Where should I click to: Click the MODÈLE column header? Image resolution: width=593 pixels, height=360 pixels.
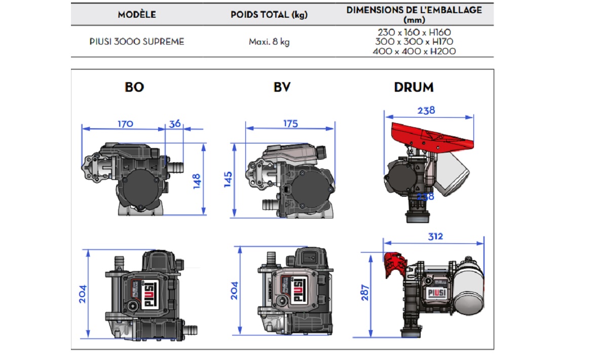137,15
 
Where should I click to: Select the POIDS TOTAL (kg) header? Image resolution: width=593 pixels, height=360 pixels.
269,15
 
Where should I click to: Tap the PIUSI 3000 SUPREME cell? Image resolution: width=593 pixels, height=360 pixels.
137,42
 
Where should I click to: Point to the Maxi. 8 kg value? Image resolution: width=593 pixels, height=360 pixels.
269,42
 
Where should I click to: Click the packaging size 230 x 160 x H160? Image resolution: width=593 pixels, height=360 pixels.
414,32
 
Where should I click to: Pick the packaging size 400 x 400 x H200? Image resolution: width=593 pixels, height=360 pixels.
414,51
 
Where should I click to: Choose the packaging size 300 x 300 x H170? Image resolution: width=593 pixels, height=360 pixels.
414,42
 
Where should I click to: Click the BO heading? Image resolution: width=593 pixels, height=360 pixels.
134,87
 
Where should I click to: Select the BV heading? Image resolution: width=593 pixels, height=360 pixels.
282,87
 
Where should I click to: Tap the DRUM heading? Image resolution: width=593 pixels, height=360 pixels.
414,87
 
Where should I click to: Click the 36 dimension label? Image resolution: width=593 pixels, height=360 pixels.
175,123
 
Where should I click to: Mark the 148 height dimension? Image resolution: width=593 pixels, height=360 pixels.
197,180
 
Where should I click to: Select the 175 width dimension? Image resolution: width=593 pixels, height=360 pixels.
290,123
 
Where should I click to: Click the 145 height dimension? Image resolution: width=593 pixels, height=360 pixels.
228,180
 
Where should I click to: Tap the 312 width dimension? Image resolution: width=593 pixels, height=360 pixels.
435,236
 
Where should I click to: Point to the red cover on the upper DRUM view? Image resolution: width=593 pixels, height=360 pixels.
431,134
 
